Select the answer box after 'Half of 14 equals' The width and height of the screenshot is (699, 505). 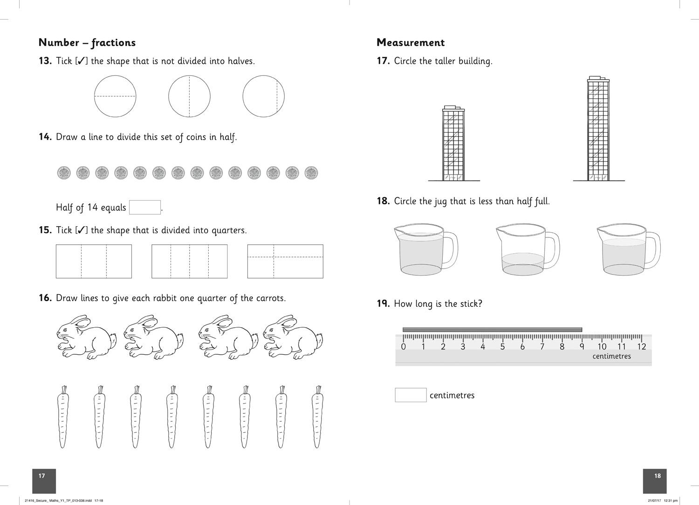coord(145,207)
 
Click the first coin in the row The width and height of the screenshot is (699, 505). coord(64,173)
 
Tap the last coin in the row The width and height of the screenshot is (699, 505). coord(311,173)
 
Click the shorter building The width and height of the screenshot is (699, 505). coord(453,143)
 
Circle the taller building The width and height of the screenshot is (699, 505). coord(598,128)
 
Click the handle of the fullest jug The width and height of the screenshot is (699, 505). coord(452,250)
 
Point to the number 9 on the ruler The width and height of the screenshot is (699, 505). coord(582,347)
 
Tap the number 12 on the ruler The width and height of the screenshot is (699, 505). coord(641,347)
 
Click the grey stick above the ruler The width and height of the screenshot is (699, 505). coord(492,330)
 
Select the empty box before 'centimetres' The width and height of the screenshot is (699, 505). coord(411,395)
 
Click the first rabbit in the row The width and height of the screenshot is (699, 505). coord(86,337)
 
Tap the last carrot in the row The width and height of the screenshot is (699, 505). coord(317,417)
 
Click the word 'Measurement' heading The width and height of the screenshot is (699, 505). coord(411,42)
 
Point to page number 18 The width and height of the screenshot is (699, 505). coord(658,476)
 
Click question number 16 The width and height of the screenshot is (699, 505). coord(45,298)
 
